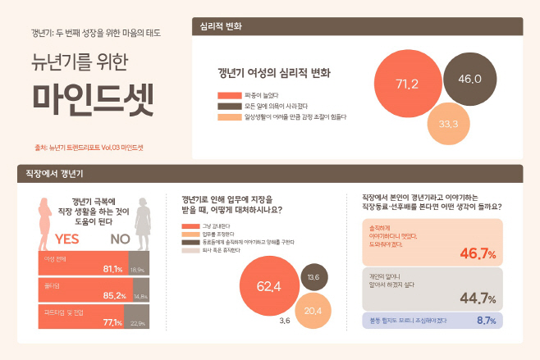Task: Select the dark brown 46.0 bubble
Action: click(469, 79)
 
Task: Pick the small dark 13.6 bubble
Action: click(313, 277)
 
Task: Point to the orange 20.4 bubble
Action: click(313, 310)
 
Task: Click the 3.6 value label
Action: click(285, 321)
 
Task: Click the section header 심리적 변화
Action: click(222, 26)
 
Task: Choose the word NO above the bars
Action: click(121, 239)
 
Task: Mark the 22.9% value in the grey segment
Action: click(138, 323)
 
